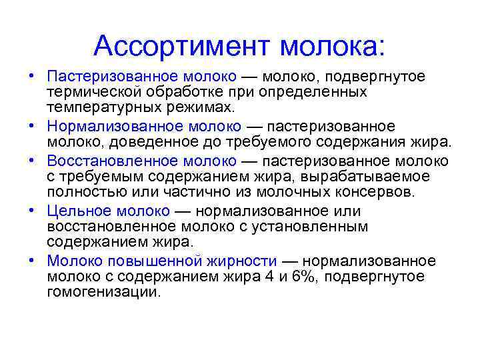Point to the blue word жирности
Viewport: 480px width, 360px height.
tap(241, 261)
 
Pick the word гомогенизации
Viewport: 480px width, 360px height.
tap(104, 292)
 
